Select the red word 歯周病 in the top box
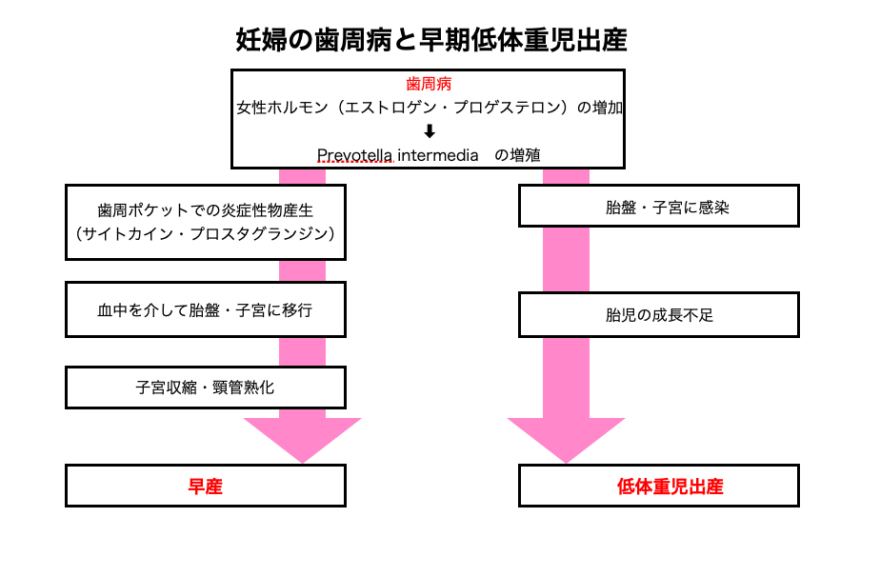429,85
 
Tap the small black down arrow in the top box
430,131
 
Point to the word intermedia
437,155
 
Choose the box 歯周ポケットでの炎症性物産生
205,209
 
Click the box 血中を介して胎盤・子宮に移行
205,309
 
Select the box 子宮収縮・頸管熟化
205,388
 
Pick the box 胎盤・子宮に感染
658,206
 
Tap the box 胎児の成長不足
658,314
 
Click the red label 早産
205,487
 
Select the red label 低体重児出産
658,487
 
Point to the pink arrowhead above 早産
302,438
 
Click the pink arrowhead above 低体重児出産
566,438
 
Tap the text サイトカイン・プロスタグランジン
205,233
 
